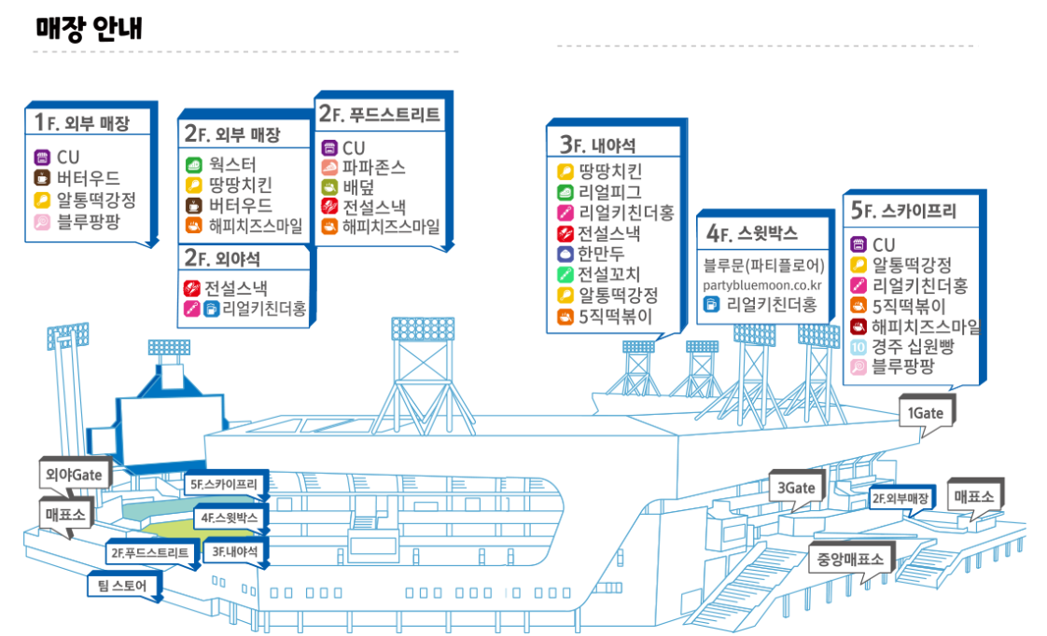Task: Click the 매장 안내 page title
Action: [x=89, y=28]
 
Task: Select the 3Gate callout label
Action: [x=795, y=488]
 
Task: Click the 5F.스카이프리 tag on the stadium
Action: [x=229, y=484]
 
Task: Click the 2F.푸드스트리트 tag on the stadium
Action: [x=149, y=553]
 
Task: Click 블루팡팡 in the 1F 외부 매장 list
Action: [x=89, y=222]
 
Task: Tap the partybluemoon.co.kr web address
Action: [x=761, y=284]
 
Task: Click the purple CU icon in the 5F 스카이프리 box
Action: [x=859, y=244]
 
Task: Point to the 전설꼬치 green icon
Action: [x=565, y=274]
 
